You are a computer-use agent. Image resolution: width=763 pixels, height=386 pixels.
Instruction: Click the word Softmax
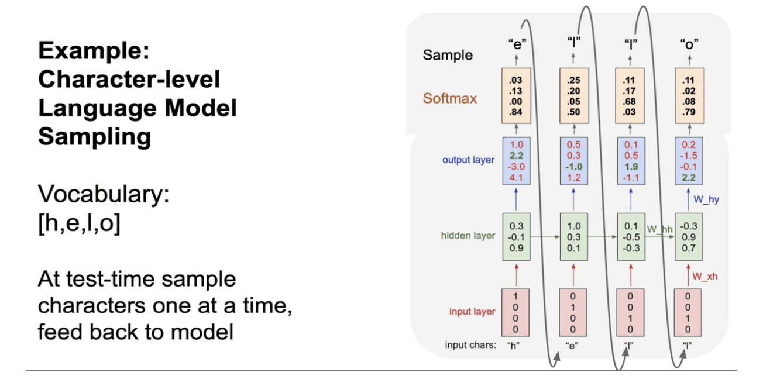click(x=450, y=98)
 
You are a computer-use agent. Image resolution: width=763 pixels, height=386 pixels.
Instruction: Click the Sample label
click(x=448, y=56)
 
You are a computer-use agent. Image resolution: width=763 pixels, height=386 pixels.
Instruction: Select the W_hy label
click(x=706, y=199)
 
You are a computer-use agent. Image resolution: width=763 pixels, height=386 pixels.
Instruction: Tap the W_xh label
click(x=706, y=276)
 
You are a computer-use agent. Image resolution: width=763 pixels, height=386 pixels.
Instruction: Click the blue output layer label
click(x=468, y=160)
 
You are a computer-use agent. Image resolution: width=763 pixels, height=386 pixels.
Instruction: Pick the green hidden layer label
click(x=468, y=236)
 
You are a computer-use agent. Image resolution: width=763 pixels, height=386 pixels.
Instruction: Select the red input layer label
click(x=472, y=312)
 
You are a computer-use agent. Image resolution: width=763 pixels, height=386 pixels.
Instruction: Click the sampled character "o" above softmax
click(x=689, y=42)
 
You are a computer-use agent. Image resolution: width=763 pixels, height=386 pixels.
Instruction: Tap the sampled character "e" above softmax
click(x=516, y=42)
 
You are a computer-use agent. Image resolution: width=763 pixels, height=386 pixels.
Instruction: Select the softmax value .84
click(x=515, y=112)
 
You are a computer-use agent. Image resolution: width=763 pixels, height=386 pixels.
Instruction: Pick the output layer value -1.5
click(x=689, y=156)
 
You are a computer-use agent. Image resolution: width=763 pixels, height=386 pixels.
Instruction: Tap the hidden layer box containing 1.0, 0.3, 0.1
click(x=573, y=236)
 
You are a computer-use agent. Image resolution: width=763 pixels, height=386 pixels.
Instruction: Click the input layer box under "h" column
click(x=515, y=312)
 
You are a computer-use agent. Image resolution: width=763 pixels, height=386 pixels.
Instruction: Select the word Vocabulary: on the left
click(x=103, y=195)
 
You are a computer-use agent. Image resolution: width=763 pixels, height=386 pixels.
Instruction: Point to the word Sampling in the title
click(x=95, y=136)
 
